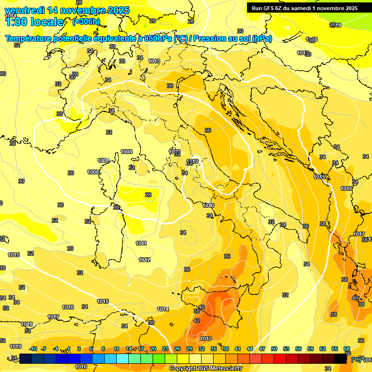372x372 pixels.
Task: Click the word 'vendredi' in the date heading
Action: pyautogui.click(x=24, y=10)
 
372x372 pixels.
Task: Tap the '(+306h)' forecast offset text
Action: pyautogui.click(x=86, y=21)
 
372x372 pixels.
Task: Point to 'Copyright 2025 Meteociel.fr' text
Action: pyautogui.click(x=205, y=368)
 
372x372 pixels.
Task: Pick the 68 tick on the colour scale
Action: pyautogui.click(x=347, y=349)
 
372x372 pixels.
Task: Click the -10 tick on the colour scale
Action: pyautogui.click(x=33, y=349)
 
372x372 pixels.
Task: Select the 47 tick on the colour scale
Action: pyautogui.click(x=262, y=349)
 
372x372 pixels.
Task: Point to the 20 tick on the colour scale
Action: pyautogui.click(x=153, y=349)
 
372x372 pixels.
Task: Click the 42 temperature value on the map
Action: pyautogui.click(x=197, y=321)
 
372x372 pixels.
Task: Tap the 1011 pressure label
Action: pyautogui.click(x=141, y=243)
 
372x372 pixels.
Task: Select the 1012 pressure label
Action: pyautogui.click(x=144, y=260)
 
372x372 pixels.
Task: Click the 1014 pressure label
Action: pyautogui.click(x=163, y=309)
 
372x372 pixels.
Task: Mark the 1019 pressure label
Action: pyautogui.click(x=15, y=346)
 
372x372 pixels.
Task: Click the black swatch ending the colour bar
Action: pyautogui.click(x=341, y=358)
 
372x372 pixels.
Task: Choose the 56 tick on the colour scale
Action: pyautogui.click(x=298, y=349)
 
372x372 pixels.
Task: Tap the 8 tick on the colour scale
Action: pyautogui.click(x=103, y=349)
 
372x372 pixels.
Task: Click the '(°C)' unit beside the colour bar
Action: pyautogui.click(x=356, y=359)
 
